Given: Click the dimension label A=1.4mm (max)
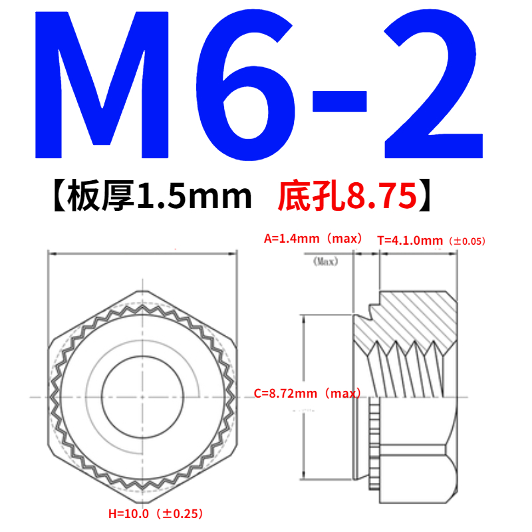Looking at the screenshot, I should coord(313,238).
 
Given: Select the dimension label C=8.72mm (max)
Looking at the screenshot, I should coord(306,394).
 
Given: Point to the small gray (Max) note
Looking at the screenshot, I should coord(325,261).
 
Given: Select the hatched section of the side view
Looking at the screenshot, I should coord(412,313).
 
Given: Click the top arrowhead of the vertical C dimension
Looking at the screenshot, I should coord(304,317).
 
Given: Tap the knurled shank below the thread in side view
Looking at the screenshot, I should coord(373,439).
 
